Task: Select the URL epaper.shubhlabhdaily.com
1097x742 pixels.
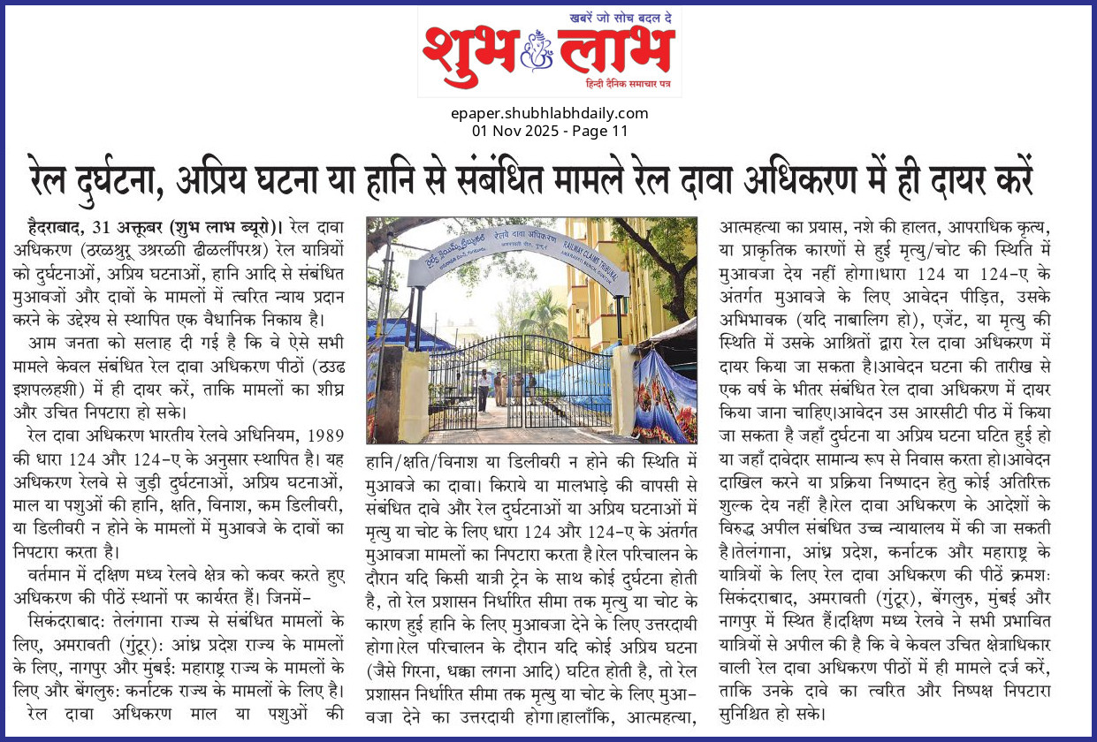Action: pyautogui.click(x=549, y=113)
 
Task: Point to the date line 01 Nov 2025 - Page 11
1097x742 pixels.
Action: pyautogui.click(x=549, y=131)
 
